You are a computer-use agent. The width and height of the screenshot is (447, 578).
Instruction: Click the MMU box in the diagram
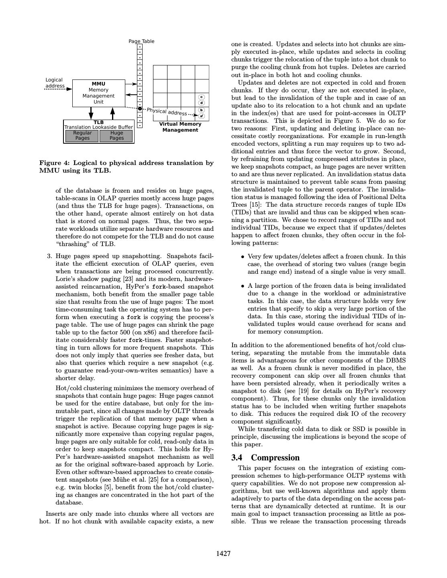pos(98,93)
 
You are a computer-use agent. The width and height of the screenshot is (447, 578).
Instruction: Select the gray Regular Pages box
pos(82,136)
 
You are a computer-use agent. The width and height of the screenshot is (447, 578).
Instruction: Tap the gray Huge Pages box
pos(116,136)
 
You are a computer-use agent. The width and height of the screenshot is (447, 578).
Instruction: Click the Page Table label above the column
pos(141,41)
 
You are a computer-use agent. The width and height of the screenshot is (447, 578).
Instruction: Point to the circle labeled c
pos(202,97)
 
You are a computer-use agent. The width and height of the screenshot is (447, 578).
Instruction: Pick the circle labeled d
pos(202,103)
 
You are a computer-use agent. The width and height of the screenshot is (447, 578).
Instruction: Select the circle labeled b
pos(202,110)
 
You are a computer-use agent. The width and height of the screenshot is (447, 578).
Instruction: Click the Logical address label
pos(54,83)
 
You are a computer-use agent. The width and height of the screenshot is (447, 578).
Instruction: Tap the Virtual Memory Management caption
pos(180,127)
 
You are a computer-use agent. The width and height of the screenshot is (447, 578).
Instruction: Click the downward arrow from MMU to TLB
pos(91,113)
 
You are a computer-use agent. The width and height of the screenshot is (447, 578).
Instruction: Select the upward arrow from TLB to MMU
pos(112,113)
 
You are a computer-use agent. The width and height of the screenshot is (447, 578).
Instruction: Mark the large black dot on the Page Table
pos(140,109)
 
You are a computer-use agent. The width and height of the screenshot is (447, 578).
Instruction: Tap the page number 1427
pos(223,554)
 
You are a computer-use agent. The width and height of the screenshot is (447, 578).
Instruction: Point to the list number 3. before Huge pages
pos(49,256)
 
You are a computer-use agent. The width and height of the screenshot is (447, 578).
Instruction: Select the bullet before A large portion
pos(243,286)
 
